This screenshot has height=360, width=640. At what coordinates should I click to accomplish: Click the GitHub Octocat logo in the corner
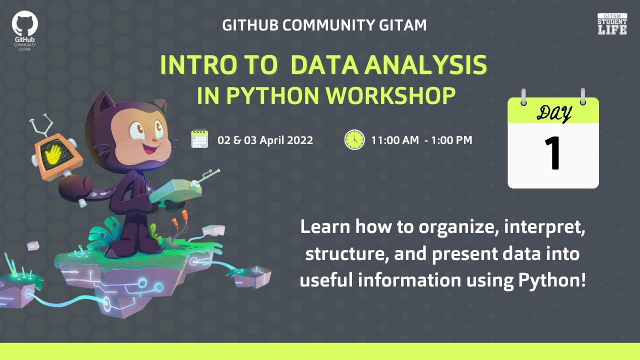tap(25, 24)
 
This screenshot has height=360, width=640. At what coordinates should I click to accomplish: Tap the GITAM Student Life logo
tap(612, 24)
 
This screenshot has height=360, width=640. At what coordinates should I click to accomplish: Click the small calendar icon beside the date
tap(199, 139)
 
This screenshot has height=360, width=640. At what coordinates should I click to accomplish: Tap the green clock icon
tap(354, 139)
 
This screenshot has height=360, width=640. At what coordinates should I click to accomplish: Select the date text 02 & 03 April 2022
tap(265, 140)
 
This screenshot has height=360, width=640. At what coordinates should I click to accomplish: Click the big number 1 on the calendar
tap(553, 154)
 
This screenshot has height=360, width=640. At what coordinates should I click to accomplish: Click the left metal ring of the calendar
tap(523, 96)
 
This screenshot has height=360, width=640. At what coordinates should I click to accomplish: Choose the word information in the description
tap(408, 280)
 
